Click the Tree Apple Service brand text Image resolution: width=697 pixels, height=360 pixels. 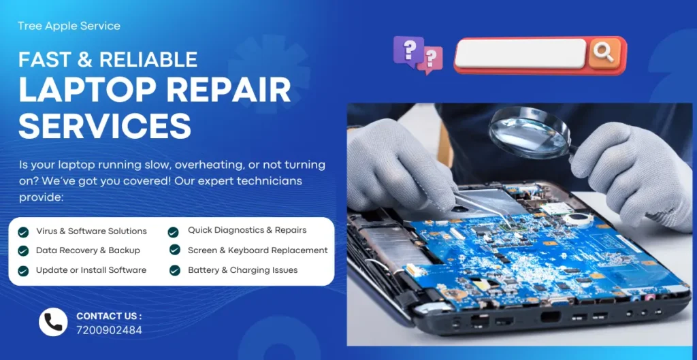coord(69,26)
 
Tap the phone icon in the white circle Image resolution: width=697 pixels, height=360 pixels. coord(53,322)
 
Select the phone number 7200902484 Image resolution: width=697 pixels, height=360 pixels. coord(109,330)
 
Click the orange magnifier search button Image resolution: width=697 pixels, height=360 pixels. coord(604,52)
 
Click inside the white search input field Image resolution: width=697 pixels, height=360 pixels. coord(521,53)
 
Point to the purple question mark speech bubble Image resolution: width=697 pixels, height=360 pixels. coord(408,50)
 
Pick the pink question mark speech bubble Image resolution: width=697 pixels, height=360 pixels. coord(430,60)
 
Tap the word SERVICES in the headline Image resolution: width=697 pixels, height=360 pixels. coord(105,125)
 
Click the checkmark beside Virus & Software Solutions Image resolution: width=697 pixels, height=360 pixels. coord(23,231)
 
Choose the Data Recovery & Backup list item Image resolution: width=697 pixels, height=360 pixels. coord(88,250)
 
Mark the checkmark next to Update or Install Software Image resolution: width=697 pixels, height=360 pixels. coord(23,270)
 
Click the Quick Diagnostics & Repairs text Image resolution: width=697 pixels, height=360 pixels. coord(247,230)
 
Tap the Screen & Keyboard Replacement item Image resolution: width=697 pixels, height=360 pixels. coord(257,250)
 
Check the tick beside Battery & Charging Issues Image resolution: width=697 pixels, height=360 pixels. coord(174,270)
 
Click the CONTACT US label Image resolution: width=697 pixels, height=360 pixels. coord(109,316)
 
